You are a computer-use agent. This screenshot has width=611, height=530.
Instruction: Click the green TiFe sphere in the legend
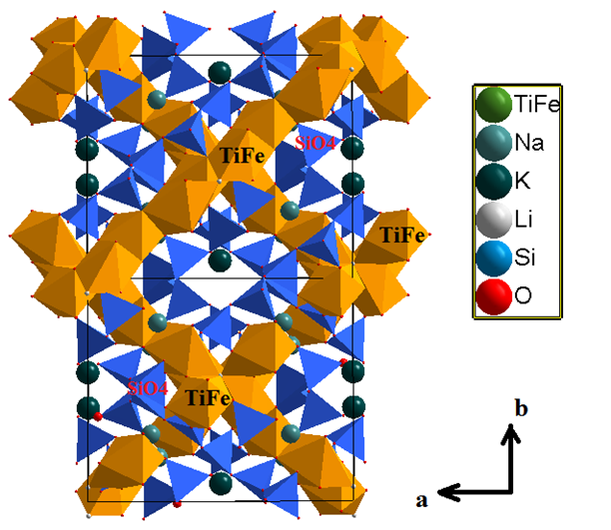[493, 105]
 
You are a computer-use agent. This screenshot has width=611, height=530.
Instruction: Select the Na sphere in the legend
[493, 143]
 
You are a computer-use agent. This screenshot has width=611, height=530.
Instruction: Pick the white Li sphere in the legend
[493, 220]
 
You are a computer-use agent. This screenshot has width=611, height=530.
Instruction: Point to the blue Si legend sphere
[493, 258]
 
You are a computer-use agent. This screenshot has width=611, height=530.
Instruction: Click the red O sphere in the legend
[493, 296]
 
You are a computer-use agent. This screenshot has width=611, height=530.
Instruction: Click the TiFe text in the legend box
[537, 104]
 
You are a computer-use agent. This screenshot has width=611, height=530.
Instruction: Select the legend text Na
[529, 143]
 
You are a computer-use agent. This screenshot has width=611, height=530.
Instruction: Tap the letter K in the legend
[522, 181]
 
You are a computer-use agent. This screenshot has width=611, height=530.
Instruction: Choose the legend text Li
[523, 219]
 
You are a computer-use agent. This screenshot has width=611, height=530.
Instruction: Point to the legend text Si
[524, 258]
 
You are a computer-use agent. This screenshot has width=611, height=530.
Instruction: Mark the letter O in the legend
[523, 295]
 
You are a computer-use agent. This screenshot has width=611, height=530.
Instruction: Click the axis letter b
[521, 408]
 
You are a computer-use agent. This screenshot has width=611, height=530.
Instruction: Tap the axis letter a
[422, 500]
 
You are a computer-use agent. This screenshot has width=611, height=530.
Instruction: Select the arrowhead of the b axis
[511, 434]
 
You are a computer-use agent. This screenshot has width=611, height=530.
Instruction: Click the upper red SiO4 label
[314, 144]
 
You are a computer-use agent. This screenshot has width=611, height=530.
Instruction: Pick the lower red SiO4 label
[148, 388]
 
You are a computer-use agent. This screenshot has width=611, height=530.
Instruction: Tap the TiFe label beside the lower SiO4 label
[209, 398]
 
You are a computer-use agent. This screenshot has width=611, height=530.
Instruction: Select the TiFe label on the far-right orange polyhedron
[402, 235]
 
